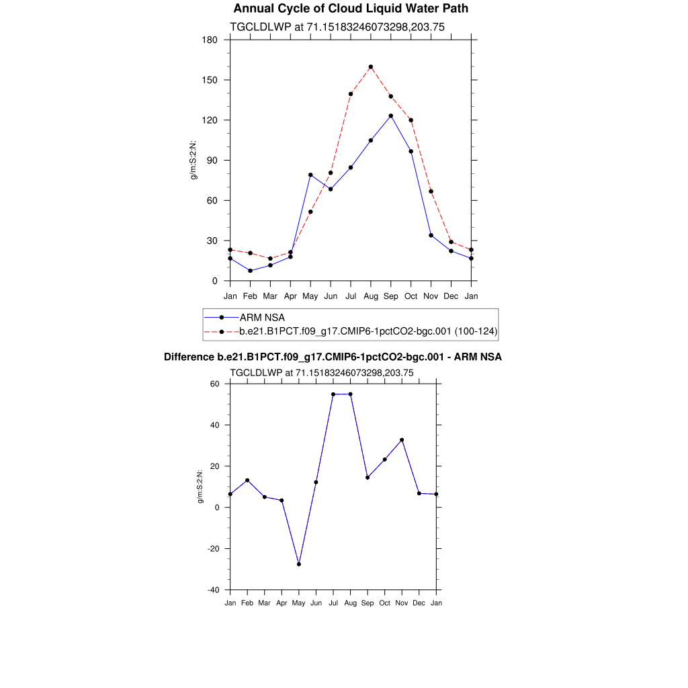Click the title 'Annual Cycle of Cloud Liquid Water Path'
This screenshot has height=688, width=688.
pos(351,9)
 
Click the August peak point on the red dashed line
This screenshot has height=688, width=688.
pos(371,67)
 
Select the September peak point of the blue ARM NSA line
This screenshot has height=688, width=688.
pos(391,116)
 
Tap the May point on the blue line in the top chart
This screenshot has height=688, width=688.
pos(310,175)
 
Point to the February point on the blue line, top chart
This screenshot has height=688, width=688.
pos(250,271)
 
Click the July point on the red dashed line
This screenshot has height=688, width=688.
pos(351,94)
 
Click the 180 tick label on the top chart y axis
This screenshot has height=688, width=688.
pos(210,40)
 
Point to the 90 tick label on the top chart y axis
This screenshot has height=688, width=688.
pos(212,161)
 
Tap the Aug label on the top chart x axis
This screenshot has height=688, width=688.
pos(371,296)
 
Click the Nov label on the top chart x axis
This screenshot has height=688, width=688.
pos(431,296)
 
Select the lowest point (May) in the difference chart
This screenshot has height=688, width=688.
pos(299,564)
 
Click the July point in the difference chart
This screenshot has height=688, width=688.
pos(333,394)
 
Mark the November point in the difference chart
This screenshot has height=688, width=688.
pos(402,440)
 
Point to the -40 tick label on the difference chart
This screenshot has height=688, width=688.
pos(214,590)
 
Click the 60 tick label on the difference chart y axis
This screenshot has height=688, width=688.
pos(216,384)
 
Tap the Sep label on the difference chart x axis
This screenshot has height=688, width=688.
pos(368,603)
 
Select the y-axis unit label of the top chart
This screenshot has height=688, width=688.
pos(193,161)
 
